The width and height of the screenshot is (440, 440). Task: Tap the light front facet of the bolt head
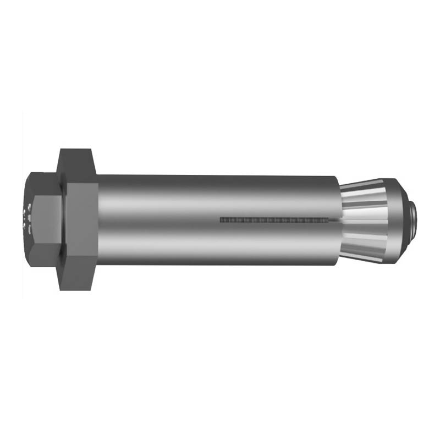coord(47,220)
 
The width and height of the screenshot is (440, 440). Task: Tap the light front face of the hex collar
coord(82,220)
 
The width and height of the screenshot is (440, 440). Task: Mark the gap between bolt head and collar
coord(64,220)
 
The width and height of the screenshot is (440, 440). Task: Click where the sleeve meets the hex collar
coord(99,220)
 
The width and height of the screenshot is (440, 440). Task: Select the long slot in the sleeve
coord(275,220)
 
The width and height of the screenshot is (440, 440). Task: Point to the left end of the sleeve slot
coord(221,220)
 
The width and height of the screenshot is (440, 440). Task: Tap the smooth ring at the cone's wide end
coord(397,220)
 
